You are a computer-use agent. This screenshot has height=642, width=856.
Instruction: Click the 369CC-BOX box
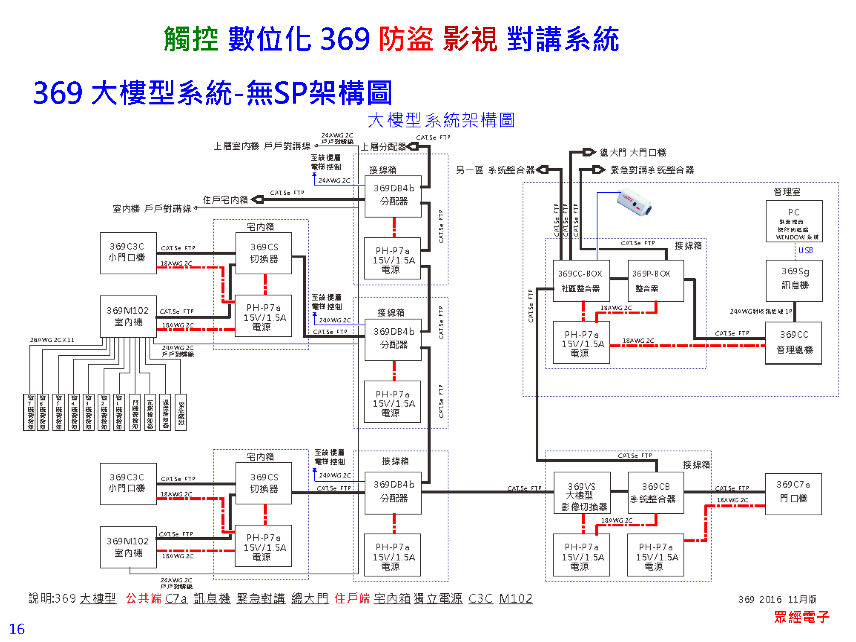(x=581, y=281)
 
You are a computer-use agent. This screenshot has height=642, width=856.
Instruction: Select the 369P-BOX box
(x=655, y=281)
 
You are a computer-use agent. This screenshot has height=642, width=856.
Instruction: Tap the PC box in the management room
(x=794, y=221)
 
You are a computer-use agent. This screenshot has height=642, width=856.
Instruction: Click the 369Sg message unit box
(x=794, y=281)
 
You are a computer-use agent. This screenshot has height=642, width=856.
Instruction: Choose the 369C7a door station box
(x=793, y=493)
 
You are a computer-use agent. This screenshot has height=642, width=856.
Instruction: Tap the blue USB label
(x=805, y=250)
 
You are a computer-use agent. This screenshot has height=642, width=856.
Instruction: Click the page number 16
(x=17, y=629)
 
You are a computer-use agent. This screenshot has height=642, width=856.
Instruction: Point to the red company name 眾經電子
(x=802, y=617)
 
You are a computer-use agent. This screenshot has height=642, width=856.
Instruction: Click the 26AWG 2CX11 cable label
(x=52, y=340)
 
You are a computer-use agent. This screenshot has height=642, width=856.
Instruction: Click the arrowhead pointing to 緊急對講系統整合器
(x=598, y=170)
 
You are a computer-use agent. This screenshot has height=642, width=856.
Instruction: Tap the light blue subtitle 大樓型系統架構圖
(x=441, y=120)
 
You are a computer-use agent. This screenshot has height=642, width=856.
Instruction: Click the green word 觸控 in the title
(x=191, y=39)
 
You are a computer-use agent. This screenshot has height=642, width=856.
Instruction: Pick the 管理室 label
(x=787, y=192)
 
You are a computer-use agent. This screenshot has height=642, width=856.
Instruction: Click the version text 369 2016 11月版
(x=777, y=599)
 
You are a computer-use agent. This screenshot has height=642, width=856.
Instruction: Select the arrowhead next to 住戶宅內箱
(x=258, y=199)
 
